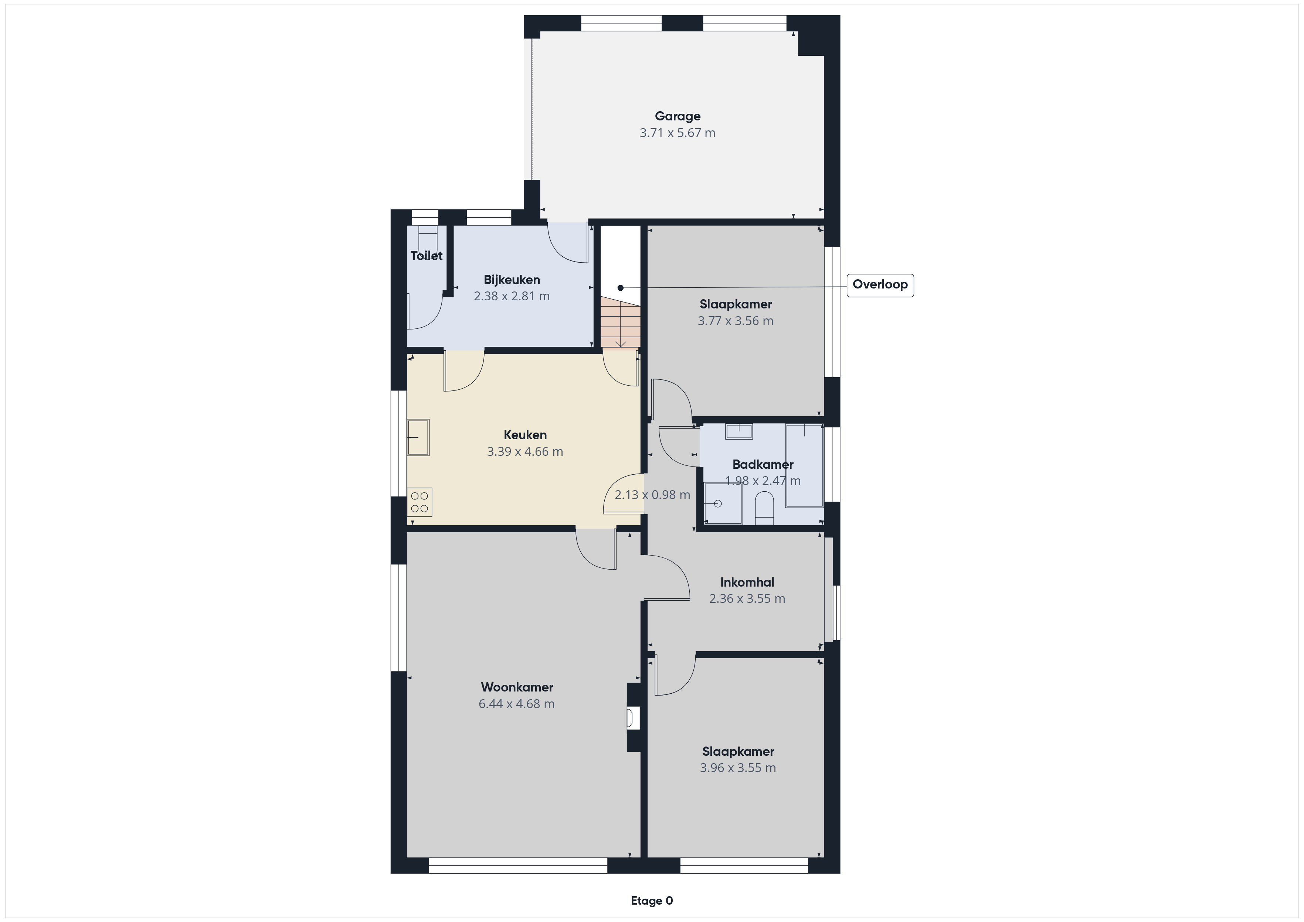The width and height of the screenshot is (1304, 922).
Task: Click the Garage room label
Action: [x=678, y=116]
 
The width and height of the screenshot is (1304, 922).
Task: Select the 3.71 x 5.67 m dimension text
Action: [x=678, y=133]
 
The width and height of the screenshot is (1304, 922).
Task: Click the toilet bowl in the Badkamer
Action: [x=764, y=509]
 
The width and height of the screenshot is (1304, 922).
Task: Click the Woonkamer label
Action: [x=517, y=687]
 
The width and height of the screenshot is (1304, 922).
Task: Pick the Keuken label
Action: [x=525, y=435]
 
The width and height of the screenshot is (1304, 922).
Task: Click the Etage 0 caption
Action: [x=652, y=901]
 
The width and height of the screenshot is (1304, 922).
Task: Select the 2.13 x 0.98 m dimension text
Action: [x=653, y=495]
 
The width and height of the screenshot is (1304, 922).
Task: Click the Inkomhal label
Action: [x=747, y=582]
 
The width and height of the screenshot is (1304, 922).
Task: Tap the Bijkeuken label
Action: [x=512, y=280]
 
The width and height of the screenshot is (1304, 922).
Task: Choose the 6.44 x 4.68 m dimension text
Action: [x=517, y=704]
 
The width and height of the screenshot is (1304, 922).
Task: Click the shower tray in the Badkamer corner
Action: [x=723, y=503]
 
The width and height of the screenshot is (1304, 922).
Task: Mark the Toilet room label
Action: [x=427, y=256]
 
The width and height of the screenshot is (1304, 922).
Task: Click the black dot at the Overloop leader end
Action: [x=621, y=288]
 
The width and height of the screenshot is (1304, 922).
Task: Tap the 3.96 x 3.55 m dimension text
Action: [x=738, y=768]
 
